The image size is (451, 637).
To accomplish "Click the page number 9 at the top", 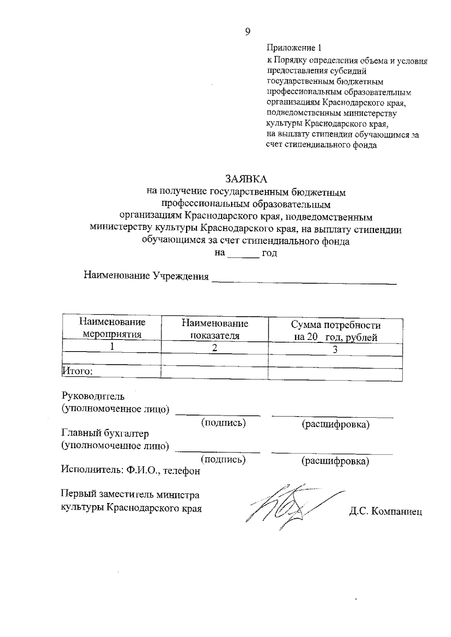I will point(247,32).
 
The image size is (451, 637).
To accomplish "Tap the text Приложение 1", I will point(294,48).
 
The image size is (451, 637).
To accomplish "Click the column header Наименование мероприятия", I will point(112,328).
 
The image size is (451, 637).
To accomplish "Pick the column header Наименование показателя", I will point(215,329).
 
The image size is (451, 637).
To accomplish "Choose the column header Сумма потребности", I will point(336,331).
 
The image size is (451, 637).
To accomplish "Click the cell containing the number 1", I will point(112,346).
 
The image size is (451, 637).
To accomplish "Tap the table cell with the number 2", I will point(214,348).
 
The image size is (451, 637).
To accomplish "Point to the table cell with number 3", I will point(335,350).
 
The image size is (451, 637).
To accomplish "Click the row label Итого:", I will point(77,371).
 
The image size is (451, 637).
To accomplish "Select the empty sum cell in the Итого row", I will point(335,374).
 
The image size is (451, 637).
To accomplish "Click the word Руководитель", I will point(93,396).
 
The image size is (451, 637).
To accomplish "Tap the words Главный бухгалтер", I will point(105,433).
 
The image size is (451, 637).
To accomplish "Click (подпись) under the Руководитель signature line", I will point(224,423).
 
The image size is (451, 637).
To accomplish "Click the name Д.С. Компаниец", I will point(385,512).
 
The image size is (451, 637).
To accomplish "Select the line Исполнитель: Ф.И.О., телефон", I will point(130,470).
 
